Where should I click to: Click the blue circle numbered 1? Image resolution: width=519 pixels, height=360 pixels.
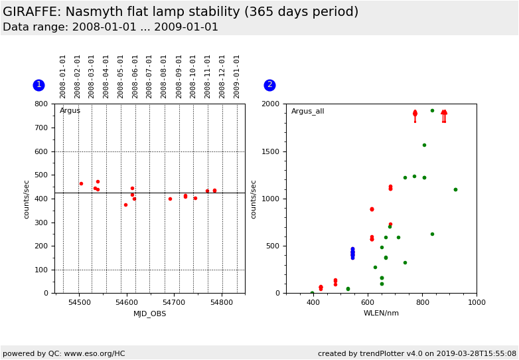coord(38,85)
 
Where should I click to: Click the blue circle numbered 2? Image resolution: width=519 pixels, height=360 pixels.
coord(269,85)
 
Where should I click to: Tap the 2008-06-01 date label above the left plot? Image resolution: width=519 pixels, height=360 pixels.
coord(135,76)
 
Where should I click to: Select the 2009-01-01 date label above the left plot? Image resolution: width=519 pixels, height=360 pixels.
coord(237,76)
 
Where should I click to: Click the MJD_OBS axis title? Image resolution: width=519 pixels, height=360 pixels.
coord(149,314)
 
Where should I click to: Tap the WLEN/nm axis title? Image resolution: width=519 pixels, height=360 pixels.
coord(381,314)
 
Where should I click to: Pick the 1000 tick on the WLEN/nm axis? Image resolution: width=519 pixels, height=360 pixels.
coord(476,303)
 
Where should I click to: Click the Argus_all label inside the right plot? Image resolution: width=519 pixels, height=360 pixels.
coord(307,112)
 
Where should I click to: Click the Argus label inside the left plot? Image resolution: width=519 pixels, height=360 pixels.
coord(70,111)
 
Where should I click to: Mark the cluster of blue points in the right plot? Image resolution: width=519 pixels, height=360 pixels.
coord(352,253)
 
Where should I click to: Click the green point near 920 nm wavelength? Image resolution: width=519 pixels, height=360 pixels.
coord(455,189)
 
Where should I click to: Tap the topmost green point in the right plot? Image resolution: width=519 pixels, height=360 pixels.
coord(432,111)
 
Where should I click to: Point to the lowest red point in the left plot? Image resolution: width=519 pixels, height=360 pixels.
coord(125,205)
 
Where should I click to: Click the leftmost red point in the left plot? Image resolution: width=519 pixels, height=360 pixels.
coord(81,183)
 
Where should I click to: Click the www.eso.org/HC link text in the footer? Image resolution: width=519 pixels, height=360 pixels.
coord(94,353)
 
